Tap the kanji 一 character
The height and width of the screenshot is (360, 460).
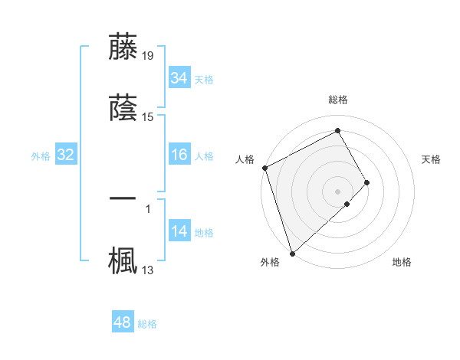tap(123, 198)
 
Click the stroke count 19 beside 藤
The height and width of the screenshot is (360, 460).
tap(148, 55)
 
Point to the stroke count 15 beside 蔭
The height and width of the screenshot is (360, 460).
tap(148, 117)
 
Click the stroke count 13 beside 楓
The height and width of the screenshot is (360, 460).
tap(148, 270)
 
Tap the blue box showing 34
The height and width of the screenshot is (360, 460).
tap(179, 78)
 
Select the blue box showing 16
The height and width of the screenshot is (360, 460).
tap(179, 155)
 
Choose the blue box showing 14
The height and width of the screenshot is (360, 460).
tap(179, 232)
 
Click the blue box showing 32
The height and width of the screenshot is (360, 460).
tap(66, 155)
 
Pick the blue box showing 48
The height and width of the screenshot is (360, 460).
tap(123, 323)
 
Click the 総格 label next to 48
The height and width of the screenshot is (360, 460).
tap(147, 324)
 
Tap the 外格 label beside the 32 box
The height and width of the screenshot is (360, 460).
tap(41, 156)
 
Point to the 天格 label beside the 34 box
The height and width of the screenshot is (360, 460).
tap(204, 79)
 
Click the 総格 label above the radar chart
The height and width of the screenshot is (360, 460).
tap(338, 100)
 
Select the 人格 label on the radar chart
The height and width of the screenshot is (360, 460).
tap(245, 159)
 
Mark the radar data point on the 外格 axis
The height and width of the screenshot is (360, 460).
tap(292, 252)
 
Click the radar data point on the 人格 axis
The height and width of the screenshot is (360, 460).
tap(264, 168)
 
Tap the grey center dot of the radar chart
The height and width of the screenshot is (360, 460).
tap(338, 191)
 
